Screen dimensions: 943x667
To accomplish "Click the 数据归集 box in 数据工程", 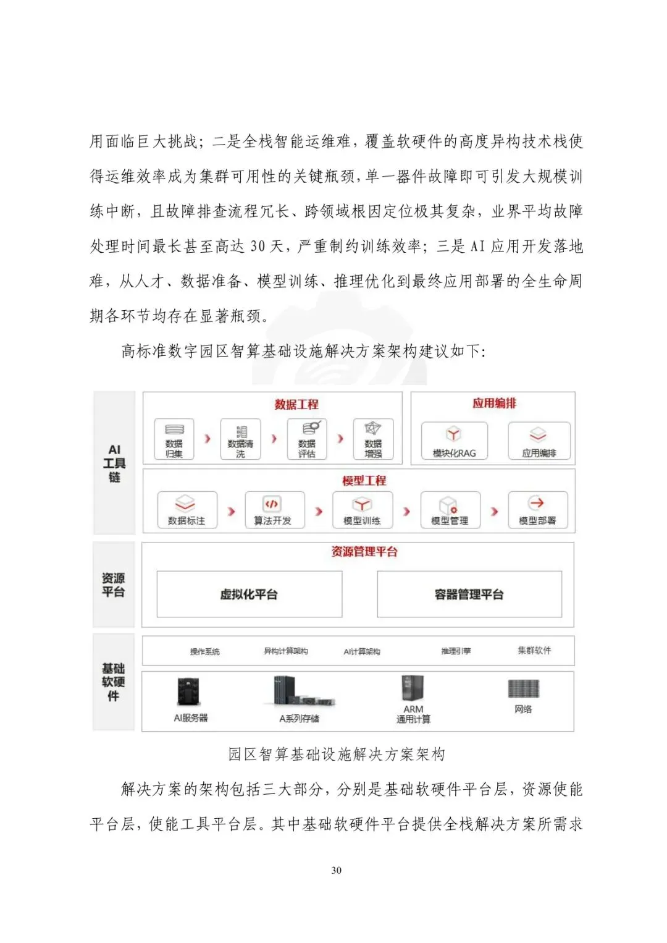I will coord(174,439).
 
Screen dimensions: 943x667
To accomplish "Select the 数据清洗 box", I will coord(240,439).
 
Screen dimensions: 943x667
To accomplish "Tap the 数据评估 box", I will coord(307,439).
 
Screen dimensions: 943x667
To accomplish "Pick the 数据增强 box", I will coord(373,439).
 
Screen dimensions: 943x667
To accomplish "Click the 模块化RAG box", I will coord(454,441).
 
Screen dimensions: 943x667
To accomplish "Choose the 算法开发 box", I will coord(274,510).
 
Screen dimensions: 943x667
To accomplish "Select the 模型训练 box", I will coord(362,510).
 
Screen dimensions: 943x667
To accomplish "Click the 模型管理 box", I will coord(450,510).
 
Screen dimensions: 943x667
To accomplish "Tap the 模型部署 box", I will coord(537,510).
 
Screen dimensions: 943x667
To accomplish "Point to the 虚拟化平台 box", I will coord(249,594).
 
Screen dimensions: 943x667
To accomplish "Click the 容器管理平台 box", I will coord(469,594).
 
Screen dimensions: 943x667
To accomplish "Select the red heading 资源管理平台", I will coord(364,552).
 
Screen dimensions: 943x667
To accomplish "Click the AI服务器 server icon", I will coord(189,691).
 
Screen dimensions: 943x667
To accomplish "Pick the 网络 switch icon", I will coord(523,688).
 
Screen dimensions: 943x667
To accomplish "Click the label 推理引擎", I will coord(456,651).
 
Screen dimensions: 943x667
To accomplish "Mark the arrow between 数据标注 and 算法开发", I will coord(232,511).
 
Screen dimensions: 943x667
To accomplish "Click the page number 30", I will coord(336,870).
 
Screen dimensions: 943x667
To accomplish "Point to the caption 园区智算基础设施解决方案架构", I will coord(336,754).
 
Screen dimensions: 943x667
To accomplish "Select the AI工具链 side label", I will coord(114,463).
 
